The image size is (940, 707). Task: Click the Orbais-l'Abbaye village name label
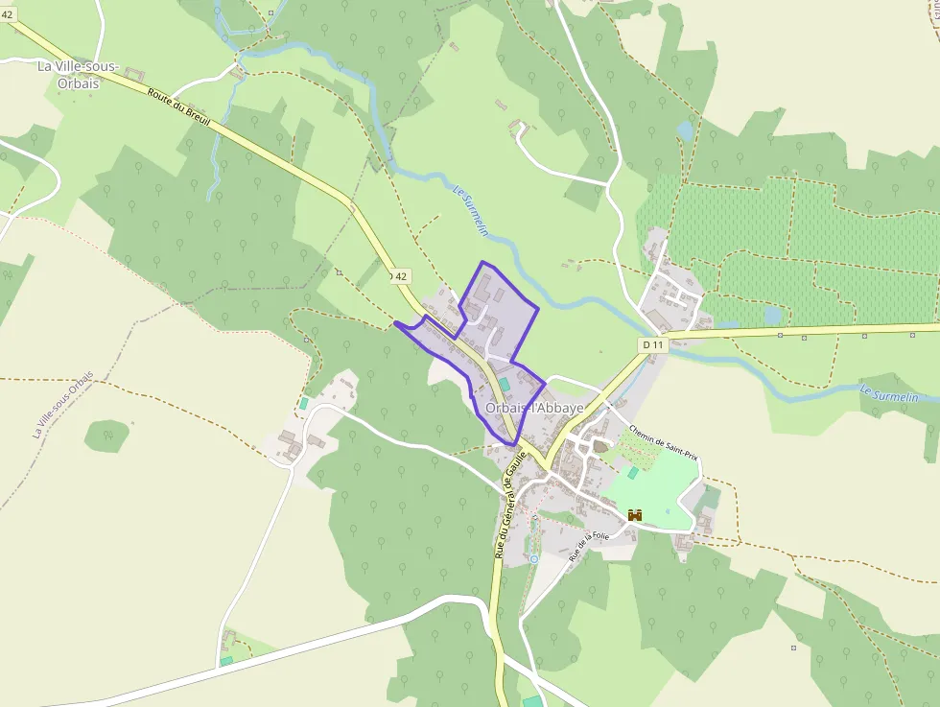pyautogui.click(x=534, y=408)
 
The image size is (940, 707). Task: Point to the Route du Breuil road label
pyautogui.click(x=179, y=106)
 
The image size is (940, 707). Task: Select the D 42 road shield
pyautogui.click(x=401, y=276)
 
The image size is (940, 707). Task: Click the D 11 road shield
pyautogui.click(x=653, y=344)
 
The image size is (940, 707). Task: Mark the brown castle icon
pyautogui.click(x=634, y=515)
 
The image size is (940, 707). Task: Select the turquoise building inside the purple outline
pyautogui.click(x=504, y=384)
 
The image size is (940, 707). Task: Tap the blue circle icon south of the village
pyautogui.click(x=534, y=558)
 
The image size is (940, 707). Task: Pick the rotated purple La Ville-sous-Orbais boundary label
pyautogui.click(x=64, y=405)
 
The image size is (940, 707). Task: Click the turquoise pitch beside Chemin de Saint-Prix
pyautogui.click(x=633, y=472)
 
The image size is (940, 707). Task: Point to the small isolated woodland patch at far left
pyautogui.click(x=106, y=436)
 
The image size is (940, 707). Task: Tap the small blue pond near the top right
pyautogui.click(x=684, y=130)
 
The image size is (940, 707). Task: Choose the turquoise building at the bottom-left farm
pyautogui.click(x=226, y=660)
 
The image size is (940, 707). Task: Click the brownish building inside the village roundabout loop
pyautogui.click(x=601, y=446)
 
